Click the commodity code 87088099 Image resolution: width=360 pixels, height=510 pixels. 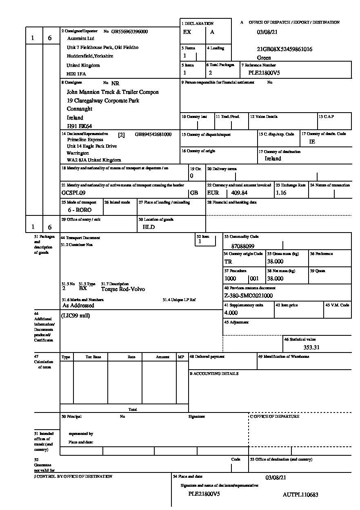(x=242, y=246)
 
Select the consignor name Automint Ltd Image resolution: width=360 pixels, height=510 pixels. (x=80, y=38)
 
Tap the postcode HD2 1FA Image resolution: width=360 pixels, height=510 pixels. (x=76, y=74)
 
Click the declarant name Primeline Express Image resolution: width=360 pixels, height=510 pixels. (x=85, y=140)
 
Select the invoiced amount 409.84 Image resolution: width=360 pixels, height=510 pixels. (x=239, y=193)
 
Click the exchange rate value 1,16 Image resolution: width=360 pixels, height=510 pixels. (x=281, y=193)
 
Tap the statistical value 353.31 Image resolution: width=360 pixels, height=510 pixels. (x=311, y=347)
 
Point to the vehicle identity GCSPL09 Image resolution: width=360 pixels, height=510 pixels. (x=73, y=193)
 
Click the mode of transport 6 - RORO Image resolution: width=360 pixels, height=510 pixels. (x=80, y=210)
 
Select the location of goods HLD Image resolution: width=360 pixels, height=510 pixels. (x=149, y=227)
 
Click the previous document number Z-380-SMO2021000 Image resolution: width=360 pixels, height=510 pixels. (x=249, y=296)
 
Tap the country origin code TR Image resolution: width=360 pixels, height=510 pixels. (x=228, y=262)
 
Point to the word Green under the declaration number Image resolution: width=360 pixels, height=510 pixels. (x=264, y=58)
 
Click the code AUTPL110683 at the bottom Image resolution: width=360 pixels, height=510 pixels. (x=300, y=494)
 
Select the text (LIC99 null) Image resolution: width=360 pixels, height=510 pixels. (x=76, y=315)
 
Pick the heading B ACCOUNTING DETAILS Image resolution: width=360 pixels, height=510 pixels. (x=214, y=374)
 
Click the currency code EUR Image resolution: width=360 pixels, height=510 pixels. (x=213, y=193)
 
